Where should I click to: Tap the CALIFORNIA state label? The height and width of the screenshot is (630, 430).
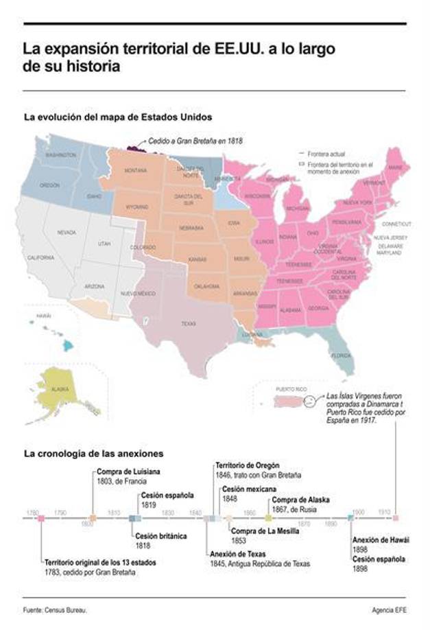pos(40,258)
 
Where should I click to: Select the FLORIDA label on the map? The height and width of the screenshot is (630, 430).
pos(341,355)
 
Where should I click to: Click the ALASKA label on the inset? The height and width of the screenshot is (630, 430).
pos(60,389)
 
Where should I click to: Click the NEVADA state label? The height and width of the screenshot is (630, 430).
pos(67,233)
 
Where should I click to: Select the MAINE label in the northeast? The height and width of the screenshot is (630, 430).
pos(396,167)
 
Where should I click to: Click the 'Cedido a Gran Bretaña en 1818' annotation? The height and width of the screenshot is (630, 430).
pos(195,140)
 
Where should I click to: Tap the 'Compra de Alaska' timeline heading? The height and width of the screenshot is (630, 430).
pos(300,500)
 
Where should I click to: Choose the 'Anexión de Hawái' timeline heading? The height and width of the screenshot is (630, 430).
pos(381,540)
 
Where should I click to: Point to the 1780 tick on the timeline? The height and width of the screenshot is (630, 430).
pos(32,513)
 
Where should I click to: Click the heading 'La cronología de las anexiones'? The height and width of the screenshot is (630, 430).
pos(93,454)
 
